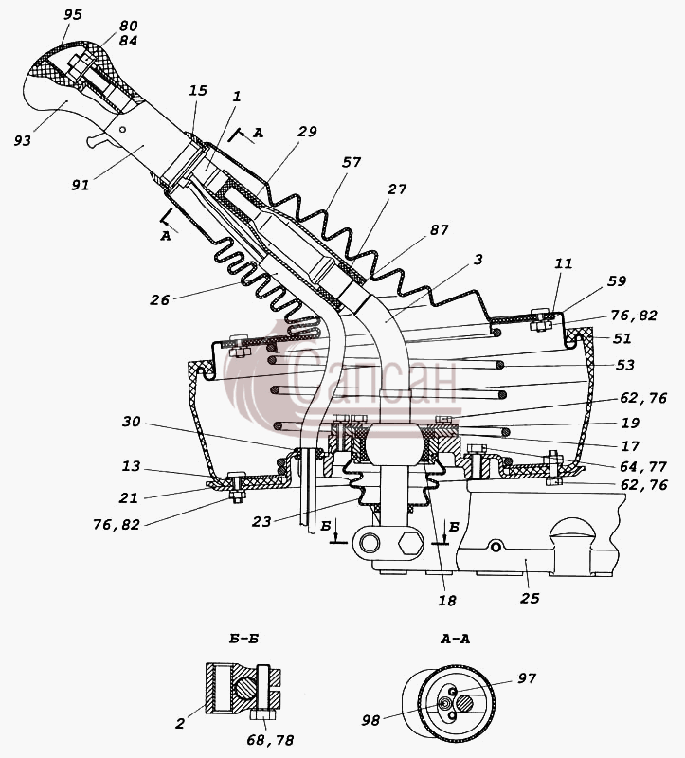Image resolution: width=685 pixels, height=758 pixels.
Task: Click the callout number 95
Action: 73,14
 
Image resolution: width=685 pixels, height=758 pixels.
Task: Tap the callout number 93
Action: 22,140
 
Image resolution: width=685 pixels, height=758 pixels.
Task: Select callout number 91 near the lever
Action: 81,185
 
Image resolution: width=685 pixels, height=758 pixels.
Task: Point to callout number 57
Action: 352,162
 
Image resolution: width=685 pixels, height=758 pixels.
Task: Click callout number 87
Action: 440,229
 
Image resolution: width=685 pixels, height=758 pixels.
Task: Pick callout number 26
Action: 159,300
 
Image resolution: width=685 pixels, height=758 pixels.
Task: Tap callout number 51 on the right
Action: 622,338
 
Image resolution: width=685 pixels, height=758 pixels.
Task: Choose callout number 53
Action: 624,365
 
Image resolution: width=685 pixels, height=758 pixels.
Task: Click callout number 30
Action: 131,422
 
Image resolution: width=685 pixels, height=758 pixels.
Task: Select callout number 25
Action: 530,599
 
